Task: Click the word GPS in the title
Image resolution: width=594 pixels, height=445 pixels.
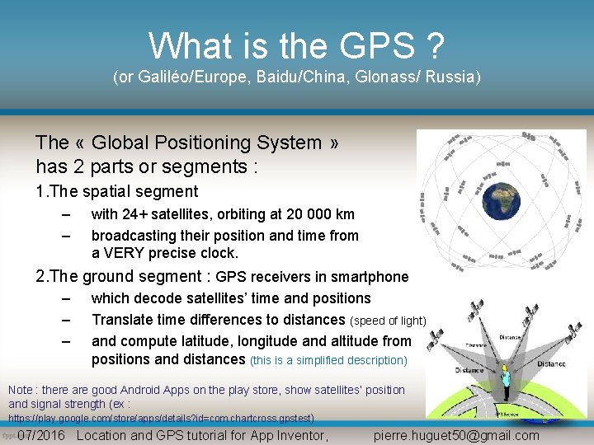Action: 370,46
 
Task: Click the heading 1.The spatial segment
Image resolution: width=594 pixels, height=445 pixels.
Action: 117,191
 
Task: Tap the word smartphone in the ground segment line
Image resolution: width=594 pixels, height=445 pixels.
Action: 370,277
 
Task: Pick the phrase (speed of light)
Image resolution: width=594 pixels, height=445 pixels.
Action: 389,320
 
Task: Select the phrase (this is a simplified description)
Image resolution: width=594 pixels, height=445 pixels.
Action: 328,360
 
